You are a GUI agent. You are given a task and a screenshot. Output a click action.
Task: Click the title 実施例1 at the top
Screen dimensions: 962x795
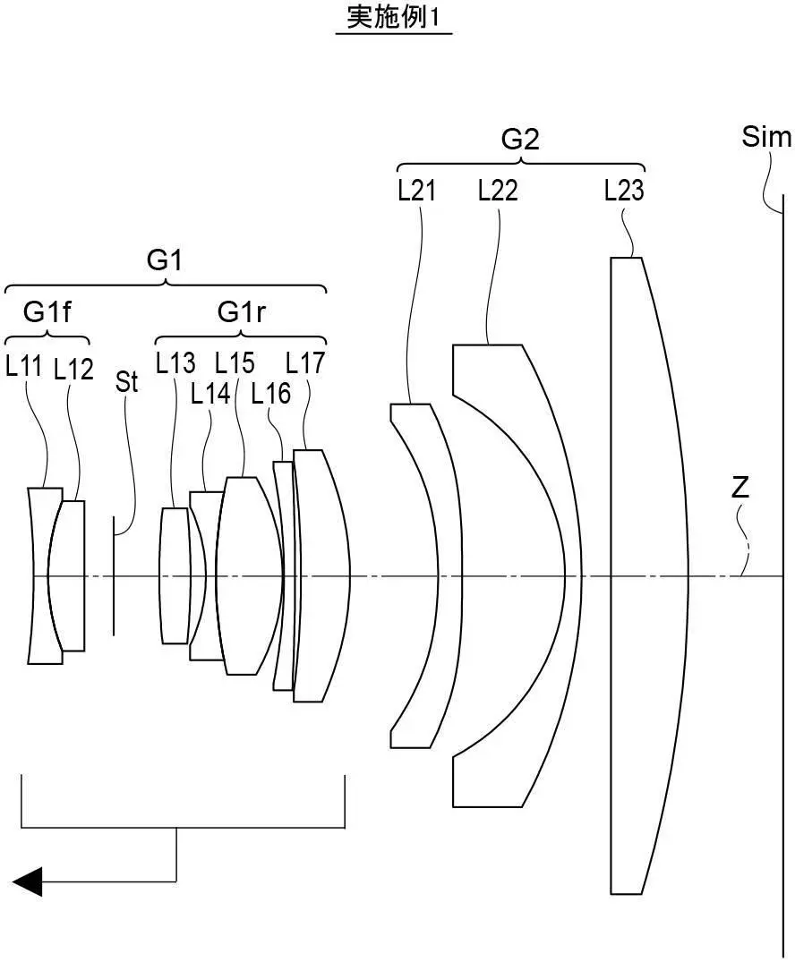[393, 18]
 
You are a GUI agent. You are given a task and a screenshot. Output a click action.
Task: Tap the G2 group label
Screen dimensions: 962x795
[520, 140]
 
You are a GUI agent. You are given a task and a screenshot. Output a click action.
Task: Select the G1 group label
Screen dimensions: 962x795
[165, 260]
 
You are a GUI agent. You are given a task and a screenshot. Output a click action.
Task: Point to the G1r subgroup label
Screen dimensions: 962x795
[241, 312]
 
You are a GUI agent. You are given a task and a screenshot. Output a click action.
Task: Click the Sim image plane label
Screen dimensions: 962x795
[766, 137]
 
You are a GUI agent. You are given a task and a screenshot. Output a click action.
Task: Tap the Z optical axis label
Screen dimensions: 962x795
[740, 489]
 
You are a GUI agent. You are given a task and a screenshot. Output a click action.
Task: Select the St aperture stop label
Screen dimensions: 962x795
[127, 382]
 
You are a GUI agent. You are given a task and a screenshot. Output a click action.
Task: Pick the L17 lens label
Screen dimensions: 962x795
[305, 362]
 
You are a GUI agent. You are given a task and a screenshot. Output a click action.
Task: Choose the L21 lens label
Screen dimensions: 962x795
[417, 190]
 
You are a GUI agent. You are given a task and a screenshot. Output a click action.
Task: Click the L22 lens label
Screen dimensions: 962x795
[498, 190]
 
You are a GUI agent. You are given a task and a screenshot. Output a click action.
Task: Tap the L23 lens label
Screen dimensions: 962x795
[624, 190]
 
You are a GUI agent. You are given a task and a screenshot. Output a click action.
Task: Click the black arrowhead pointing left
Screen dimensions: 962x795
[27, 881]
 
